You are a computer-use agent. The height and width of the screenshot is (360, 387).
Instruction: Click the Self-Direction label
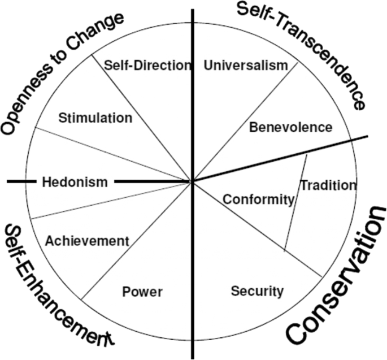pos(148,65)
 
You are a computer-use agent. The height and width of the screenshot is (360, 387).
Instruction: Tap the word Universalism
pos(246,66)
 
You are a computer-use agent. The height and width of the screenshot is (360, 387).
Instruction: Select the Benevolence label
pos(290,127)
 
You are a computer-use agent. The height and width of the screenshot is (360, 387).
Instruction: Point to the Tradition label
pos(328,185)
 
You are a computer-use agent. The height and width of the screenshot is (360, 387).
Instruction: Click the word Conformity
pos(259,199)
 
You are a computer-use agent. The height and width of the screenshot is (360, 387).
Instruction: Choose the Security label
pos(257,291)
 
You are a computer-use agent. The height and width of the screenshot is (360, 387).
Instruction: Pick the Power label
pos(142,292)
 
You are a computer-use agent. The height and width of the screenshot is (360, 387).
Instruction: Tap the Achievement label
pos(87,241)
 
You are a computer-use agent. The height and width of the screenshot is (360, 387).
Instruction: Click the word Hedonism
pos(75,182)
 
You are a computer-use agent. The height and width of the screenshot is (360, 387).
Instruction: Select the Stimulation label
pos(95,118)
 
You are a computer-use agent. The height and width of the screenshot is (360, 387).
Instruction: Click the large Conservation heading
pos(337,277)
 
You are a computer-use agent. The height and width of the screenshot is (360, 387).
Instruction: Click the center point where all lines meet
pos(193,181)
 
